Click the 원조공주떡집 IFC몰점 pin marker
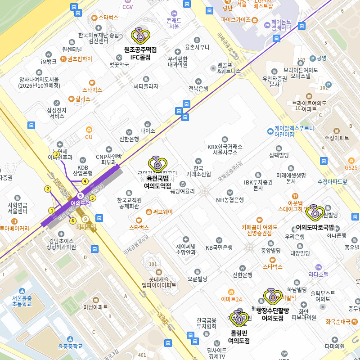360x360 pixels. [x=140, y=36]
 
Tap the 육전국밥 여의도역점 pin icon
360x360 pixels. [x=157, y=165]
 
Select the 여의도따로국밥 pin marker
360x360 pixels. [x=315, y=213]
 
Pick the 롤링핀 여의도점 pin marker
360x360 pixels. [x=239, y=319]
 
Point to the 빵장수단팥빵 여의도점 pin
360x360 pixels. [x=273, y=297]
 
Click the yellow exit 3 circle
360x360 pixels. [x=56, y=154]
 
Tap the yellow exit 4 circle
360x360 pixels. [x=85, y=181]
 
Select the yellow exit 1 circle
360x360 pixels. [x=52, y=211]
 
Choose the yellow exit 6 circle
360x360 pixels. [x=72, y=220]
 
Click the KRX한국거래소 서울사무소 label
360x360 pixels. [x=225, y=149]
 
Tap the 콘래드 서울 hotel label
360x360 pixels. [x=174, y=23]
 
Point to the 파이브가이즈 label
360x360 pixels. [x=236, y=20]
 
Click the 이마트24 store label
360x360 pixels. [x=231, y=299]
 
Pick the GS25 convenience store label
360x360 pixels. [x=351, y=167]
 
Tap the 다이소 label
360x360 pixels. [x=148, y=130]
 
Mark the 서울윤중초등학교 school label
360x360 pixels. [x=22, y=301]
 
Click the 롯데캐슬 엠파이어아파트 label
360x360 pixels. [x=159, y=282]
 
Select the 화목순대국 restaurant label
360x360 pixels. [x=338, y=321]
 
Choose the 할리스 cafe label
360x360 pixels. [x=82, y=99]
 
